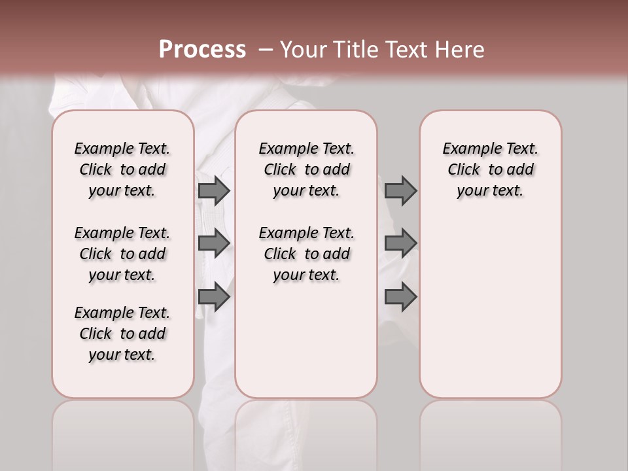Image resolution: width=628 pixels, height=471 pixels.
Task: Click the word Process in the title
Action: pos(202,49)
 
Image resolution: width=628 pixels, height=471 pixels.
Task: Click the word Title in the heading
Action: pos(357,49)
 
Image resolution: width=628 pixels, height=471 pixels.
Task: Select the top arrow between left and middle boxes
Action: pos(214,190)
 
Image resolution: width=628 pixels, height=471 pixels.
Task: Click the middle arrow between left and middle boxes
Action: pos(214,243)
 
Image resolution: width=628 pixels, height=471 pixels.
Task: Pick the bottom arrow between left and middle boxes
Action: pos(214,297)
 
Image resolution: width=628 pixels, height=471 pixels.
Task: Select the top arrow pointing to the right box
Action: pos(400,190)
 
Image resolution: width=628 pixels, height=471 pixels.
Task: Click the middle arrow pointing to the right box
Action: pos(400,243)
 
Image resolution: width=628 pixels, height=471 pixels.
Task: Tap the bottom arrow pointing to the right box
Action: pos(400,297)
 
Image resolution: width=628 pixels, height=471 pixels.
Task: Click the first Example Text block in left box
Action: pos(122,169)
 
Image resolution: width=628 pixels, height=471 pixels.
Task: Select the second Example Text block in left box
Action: pos(122,254)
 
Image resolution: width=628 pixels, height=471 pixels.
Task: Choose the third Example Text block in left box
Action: pos(122,334)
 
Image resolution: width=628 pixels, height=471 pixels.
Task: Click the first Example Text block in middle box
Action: pos(306,169)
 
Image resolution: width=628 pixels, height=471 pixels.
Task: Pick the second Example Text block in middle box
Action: pos(306,254)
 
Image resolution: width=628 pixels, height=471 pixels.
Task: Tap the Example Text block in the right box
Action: pos(490,169)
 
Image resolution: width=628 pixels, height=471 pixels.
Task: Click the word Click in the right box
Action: pos(464,170)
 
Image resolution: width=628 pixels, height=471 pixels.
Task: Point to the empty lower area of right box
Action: pos(490,307)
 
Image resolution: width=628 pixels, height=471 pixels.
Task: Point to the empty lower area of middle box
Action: pos(306,340)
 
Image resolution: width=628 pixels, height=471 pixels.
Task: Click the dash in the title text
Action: pos(266,49)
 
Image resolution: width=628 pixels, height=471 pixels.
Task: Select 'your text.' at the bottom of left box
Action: pos(122,355)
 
